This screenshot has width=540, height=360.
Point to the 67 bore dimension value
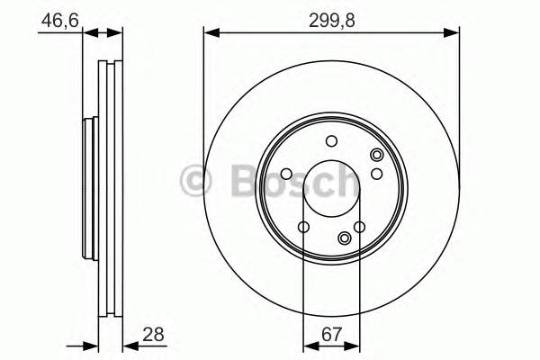pyautogui.click(x=331, y=335)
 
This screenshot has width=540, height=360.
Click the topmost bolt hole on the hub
pyautogui.click(x=331, y=140)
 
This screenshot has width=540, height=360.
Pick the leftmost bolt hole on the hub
pyautogui.click(x=285, y=175)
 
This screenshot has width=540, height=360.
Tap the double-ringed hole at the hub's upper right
pyautogui.click(x=376, y=157)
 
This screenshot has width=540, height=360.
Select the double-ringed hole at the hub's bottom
pyautogui.click(x=345, y=238)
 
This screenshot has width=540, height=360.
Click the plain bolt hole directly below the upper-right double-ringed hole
pyautogui.click(x=377, y=174)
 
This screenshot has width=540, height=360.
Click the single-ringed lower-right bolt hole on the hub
pyautogui.click(x=360, y=227)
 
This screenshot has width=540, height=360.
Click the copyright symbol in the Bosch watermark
pyautogui.click(x=195, y=181)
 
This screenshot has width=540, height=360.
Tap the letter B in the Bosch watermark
pyautogui.click(x=233, y=181)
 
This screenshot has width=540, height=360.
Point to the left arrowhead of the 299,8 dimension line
pyautogui.click(x=210, y=33)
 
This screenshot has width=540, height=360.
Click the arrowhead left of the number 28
pyautogui.click(x=128, y=345)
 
